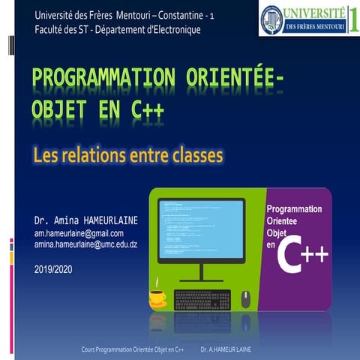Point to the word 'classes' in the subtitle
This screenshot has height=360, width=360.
click(193, 156)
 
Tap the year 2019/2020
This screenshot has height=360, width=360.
click(54, 268)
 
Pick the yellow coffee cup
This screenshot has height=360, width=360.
click(157, 297)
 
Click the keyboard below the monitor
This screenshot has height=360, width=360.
click(202, 300)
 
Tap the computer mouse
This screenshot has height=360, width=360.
click(245, 298)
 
